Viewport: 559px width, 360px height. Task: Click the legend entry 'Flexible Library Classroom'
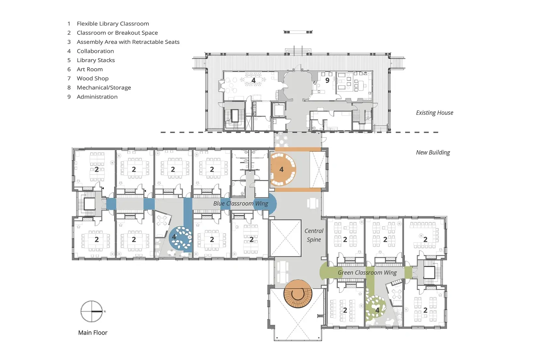pyautogui.click(x=113, y=23)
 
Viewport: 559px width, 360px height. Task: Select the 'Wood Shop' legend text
pyautogui.click(x=92, y=78)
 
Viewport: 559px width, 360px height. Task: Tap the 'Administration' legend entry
pyautogui.click(x=97, y=97)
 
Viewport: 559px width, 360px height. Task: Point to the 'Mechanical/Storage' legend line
pyautogui.click(x=104, y=88)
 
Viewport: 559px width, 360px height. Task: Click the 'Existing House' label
pyautogui.click(x=434, y=113)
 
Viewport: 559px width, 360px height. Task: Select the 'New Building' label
pyautogui.click(x=433, y=152)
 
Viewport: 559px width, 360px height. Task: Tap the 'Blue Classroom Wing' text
pyautogui.click(x=240, y=203)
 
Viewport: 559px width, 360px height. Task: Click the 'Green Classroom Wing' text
pyautogui.click(x=367, y=272)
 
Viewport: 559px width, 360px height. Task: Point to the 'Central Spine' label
pyautogui.click(x=314, y=235)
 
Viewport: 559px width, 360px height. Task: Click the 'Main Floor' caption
pyautogui.click(x=93, y=332)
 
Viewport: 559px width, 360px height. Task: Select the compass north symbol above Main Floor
pyautogui.click(x=92, y=312)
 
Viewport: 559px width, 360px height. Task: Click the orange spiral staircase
pyautogui.click(x=298, y=294)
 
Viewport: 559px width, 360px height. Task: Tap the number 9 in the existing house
pyautogui.click(x=327, y=80)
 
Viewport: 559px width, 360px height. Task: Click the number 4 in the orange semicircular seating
pyautogui.click(x=281, y=169)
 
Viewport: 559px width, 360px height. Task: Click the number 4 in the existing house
pyautogui.click(x=253, y=80)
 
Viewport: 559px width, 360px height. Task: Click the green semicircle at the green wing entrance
pyautogui.click(x=324, y=271)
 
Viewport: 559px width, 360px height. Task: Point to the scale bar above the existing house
pyautogui.click(x=298, y=32)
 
